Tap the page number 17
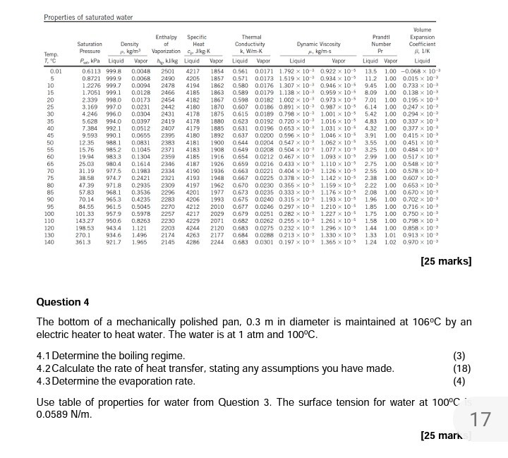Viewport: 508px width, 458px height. tap(480, 421)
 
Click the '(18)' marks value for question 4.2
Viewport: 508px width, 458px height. tap(462, 368)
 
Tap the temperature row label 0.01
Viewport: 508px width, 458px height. tap(56, 71)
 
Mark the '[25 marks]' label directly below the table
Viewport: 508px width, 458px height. tap(445, 262)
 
